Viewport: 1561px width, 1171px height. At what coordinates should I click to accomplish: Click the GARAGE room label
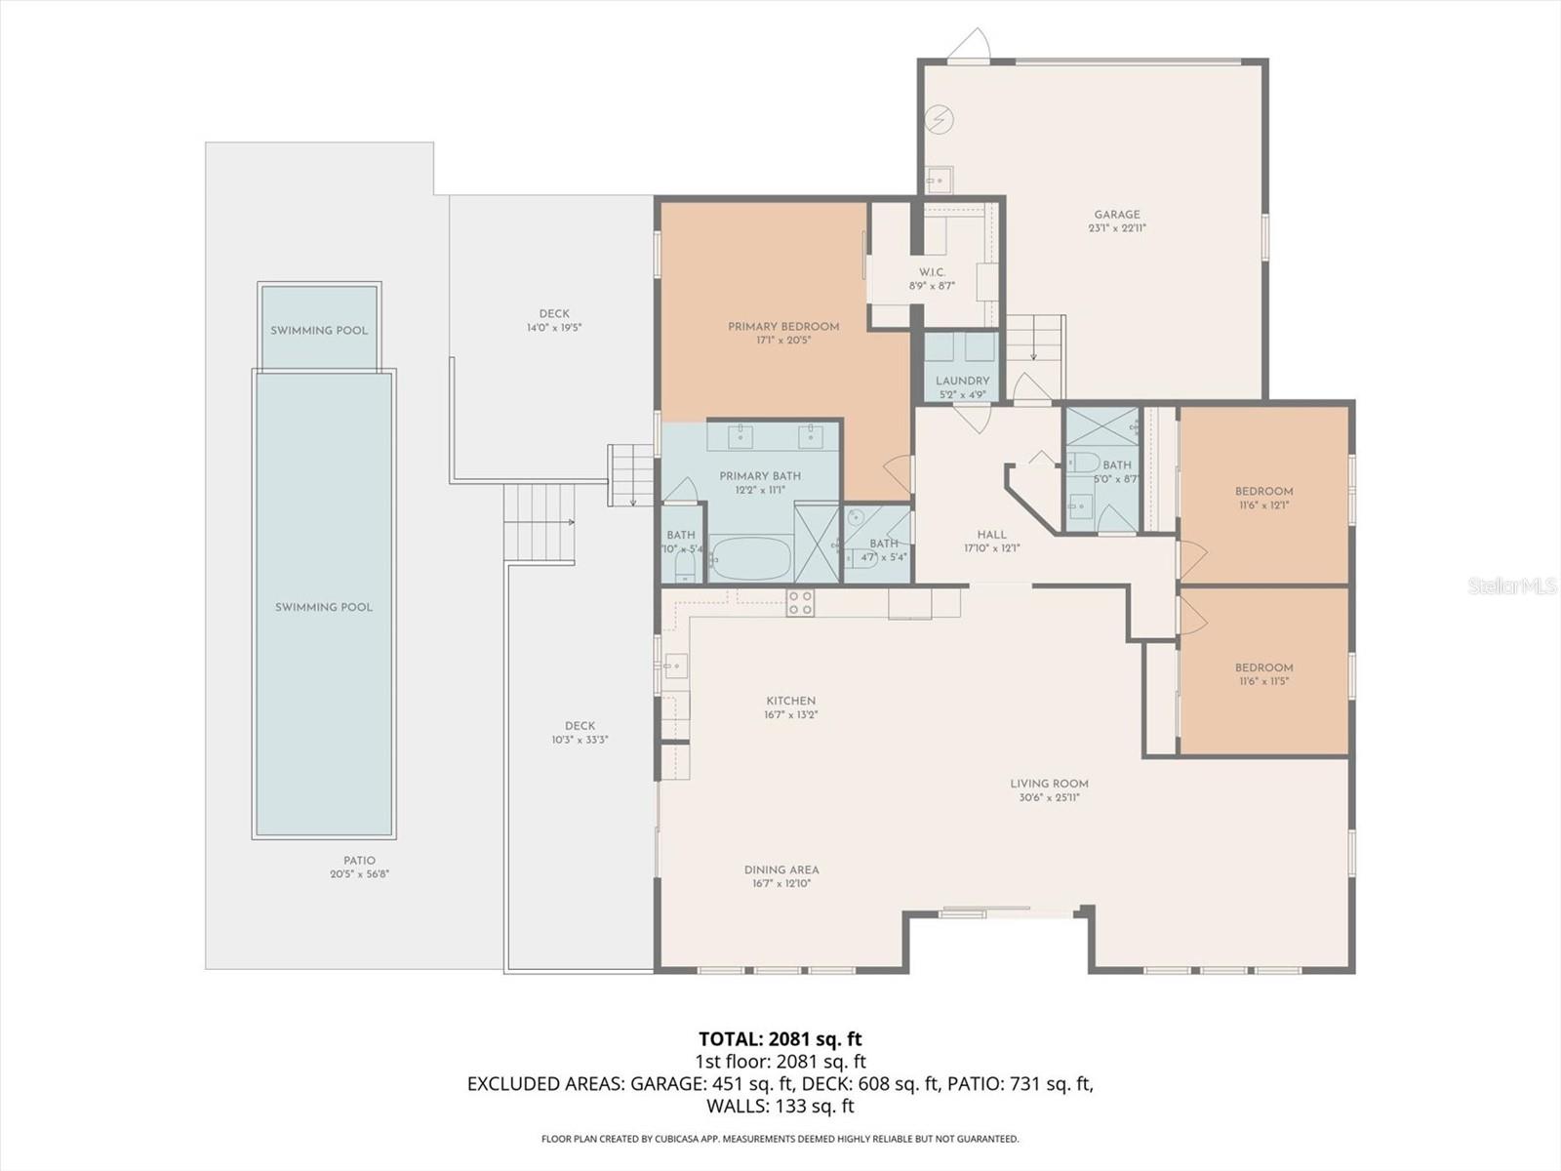(1116, 215)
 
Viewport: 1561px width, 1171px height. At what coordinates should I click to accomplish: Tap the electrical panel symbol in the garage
(940, 120)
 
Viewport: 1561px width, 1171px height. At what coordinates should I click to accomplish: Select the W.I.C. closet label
(932, 272)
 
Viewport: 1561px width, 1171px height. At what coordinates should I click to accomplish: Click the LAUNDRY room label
(962, 381)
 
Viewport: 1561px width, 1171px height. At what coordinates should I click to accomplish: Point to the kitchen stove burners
(800, 603)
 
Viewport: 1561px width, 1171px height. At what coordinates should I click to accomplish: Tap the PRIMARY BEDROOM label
(783, 327)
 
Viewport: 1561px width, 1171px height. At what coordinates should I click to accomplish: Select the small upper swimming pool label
(319, 331)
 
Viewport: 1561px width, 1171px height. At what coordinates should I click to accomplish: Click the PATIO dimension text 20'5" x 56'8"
(360, 874)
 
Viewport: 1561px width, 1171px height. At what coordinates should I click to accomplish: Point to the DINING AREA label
(781, 869)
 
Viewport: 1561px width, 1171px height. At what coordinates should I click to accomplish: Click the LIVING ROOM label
(1049, 783)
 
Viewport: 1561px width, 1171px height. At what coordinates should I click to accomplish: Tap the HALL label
(991, 535)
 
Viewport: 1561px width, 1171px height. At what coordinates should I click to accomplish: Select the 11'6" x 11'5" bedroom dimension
(1263, 682)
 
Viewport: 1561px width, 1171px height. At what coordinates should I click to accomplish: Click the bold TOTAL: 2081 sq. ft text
(780, 1039)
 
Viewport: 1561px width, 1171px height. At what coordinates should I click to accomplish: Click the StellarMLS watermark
(1511, 586)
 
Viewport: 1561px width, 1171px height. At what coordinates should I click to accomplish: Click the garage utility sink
(940, 181)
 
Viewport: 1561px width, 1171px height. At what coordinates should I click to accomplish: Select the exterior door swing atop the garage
(972, 45)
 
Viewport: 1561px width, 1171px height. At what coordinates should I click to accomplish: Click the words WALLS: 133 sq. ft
(780, 1106)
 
